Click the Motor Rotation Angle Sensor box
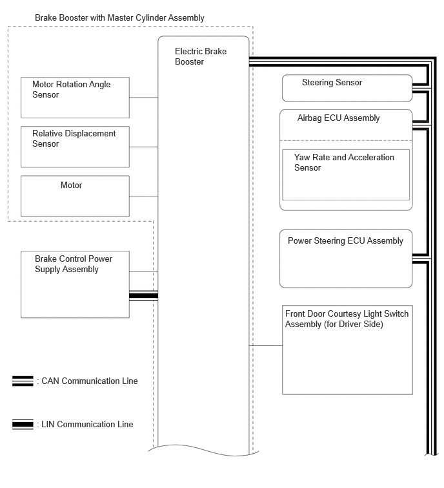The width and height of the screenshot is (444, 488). tap(75, 98)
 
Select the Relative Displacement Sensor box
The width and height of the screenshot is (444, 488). tap(75, 147)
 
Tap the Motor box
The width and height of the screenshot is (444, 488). tap(75, 196)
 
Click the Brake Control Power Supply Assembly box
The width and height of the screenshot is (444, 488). tap(75, 284)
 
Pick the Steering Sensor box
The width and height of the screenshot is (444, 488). tap(347, 88)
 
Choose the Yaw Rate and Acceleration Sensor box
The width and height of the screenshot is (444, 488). tap(346, 175)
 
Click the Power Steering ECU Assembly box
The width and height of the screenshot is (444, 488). tap(346, 259)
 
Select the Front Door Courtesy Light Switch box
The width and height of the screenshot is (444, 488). tap(347, 350)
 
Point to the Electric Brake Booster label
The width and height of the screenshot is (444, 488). tap(201, 56)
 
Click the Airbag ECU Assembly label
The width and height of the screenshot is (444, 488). tap(338, 118)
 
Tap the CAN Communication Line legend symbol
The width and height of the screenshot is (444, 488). tap(23, 381)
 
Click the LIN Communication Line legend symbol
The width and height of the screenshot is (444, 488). tap(23, 424)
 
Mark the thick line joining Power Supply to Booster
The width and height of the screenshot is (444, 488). tap(143, 295)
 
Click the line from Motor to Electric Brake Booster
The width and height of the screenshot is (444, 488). tap(143, 196)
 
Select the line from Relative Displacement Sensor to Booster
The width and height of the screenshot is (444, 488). tap(143, 147)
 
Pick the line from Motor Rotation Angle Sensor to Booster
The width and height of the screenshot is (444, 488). tap(143, 98)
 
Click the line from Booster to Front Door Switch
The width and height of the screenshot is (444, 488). tap(266, 345)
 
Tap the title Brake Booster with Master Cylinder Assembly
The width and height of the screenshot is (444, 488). tap(119, 17)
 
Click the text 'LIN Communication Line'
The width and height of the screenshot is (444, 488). tap(87, 424)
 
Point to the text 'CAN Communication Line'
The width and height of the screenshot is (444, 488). tap(90, 381)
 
